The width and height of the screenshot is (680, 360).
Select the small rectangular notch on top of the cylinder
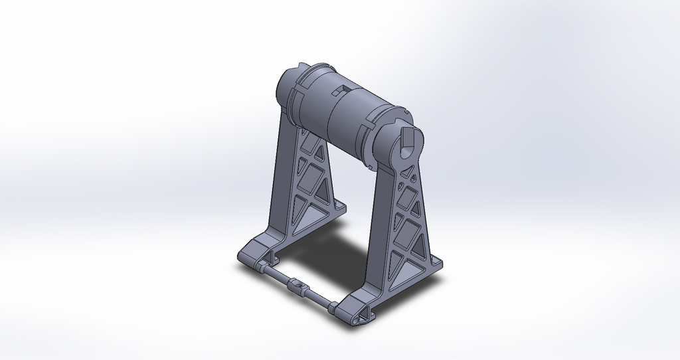coord(342,90)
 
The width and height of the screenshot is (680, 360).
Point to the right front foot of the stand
coord(352,312)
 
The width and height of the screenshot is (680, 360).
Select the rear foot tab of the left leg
coord(339,207)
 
